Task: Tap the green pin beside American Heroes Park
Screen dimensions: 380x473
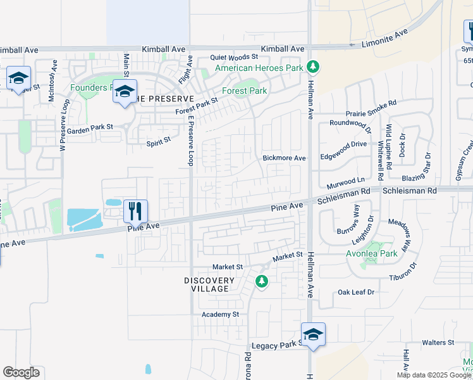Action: point(312,66)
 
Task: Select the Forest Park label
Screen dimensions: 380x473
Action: point(249,91)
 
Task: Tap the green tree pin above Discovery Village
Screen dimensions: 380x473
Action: point(261,281)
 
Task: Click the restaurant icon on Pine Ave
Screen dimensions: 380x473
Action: point(135,210)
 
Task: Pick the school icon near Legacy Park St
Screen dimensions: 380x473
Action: point(313,334)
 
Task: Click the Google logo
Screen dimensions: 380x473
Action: point(21,372)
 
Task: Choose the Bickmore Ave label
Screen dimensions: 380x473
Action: point(285,158)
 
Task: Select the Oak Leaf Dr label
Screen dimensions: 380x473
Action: point(357,292)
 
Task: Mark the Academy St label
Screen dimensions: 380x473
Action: point(220,314)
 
